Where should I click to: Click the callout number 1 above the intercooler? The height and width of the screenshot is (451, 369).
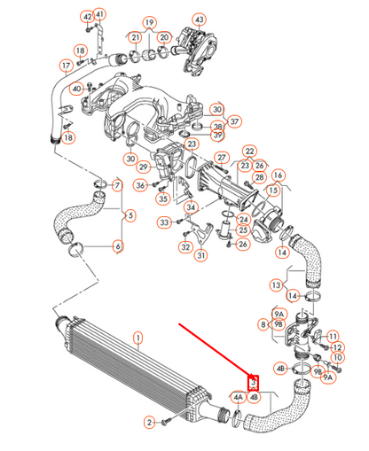pyautogui.click(x=137, y=337)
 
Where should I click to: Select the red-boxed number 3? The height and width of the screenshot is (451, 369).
pyautogui.click(x=254, y=383)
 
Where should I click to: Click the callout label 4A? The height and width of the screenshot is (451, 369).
pyautogui.click(x=238, y=398)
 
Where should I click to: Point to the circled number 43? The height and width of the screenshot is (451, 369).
pyautogui.click(x=199, y=19)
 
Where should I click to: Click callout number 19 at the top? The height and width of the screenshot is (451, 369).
pyautogui.click(x=149, y=21)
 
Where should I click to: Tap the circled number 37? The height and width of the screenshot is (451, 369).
pyautogui.click(x=235, y=121)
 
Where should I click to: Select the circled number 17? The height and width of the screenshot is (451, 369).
pyautogui.click(x=66, y=66)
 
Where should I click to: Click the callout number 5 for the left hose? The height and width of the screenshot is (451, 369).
pyautogui.click(x=130, y=214)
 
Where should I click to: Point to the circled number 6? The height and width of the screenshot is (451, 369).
pyautogui.click(x=117, y=245)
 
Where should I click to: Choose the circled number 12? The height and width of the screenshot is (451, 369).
pyautogui.click(x=334, y=337)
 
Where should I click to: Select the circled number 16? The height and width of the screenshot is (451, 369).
pyautogui.click(x=278, y=175)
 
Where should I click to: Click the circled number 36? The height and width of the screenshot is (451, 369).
pyautogui.click(x=140, y=185)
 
